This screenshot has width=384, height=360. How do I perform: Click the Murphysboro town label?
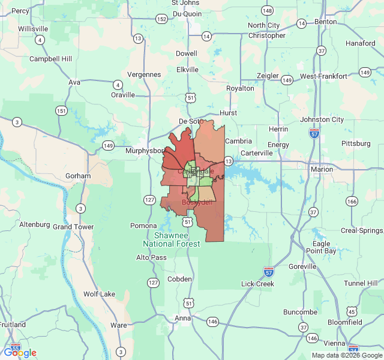click(145, 151)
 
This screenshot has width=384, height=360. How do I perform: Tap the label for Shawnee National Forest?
click(171, 239)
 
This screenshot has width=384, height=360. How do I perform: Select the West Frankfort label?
click(323, 76)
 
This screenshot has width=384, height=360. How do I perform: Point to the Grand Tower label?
click(74, 227)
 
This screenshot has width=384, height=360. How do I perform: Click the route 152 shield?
click(161, 19)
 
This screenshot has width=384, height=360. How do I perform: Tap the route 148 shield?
click(267, 11)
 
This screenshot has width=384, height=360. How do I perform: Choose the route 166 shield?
click(352, 201)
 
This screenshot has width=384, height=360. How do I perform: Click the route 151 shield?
click(61, 110)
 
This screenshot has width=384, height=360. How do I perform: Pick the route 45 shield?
click(352, 311)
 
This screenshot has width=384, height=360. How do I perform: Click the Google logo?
click(20, 353)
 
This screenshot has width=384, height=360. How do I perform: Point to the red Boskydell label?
click(197, 203)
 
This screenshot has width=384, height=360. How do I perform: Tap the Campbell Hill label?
click(50, 59)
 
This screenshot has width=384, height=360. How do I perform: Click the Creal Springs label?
click(361, 230)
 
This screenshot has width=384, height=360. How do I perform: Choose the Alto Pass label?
click(151, 257)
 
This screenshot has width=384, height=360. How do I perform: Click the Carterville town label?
click(256, 153)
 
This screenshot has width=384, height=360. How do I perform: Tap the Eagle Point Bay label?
click(321, 247)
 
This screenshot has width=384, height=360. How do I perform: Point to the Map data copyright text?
click(345, 355)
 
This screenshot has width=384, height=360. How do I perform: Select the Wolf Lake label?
click(99, 294)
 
